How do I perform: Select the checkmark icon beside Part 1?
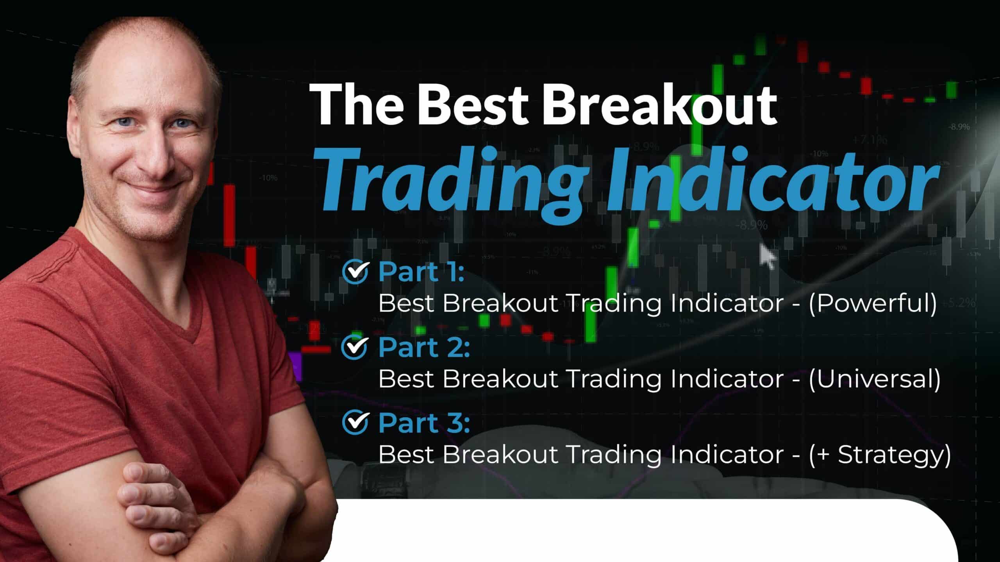[x=355, y=272]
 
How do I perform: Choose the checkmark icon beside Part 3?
[x=355, y=422]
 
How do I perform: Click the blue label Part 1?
[x=421, y=272]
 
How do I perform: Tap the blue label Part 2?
[x=424, y=347]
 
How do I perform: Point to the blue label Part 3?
[x=424, y=422]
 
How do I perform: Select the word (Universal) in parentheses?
[x=874, y=379]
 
